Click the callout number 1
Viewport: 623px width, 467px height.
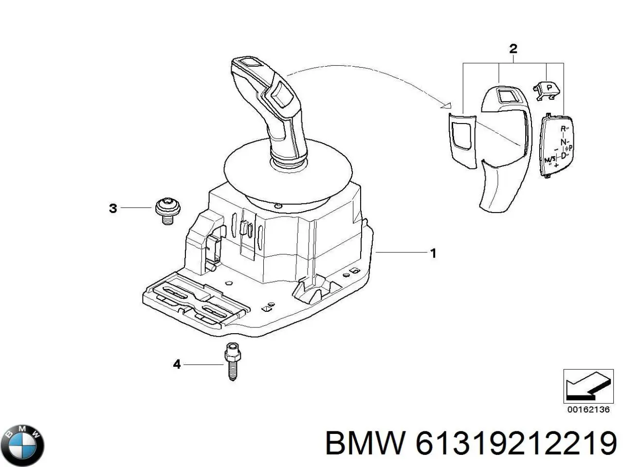pyautogui.click(x=433, y=253)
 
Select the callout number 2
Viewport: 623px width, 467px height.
pyautogui.click(x=513, y=49)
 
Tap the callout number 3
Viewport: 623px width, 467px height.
pyautogui.click(x=113, y=209)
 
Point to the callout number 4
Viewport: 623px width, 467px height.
pyautogui.click(x=177, y=364)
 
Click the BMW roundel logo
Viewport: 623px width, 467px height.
pyautogui.click(x=22, y=445)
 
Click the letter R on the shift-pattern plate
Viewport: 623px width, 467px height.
pyautogui.click(x=563, y=128)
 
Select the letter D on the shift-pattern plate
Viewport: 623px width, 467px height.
pyautogui.click(x=563, y=156)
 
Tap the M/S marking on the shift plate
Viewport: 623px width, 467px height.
pyautogui.click(x=550, y=160)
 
